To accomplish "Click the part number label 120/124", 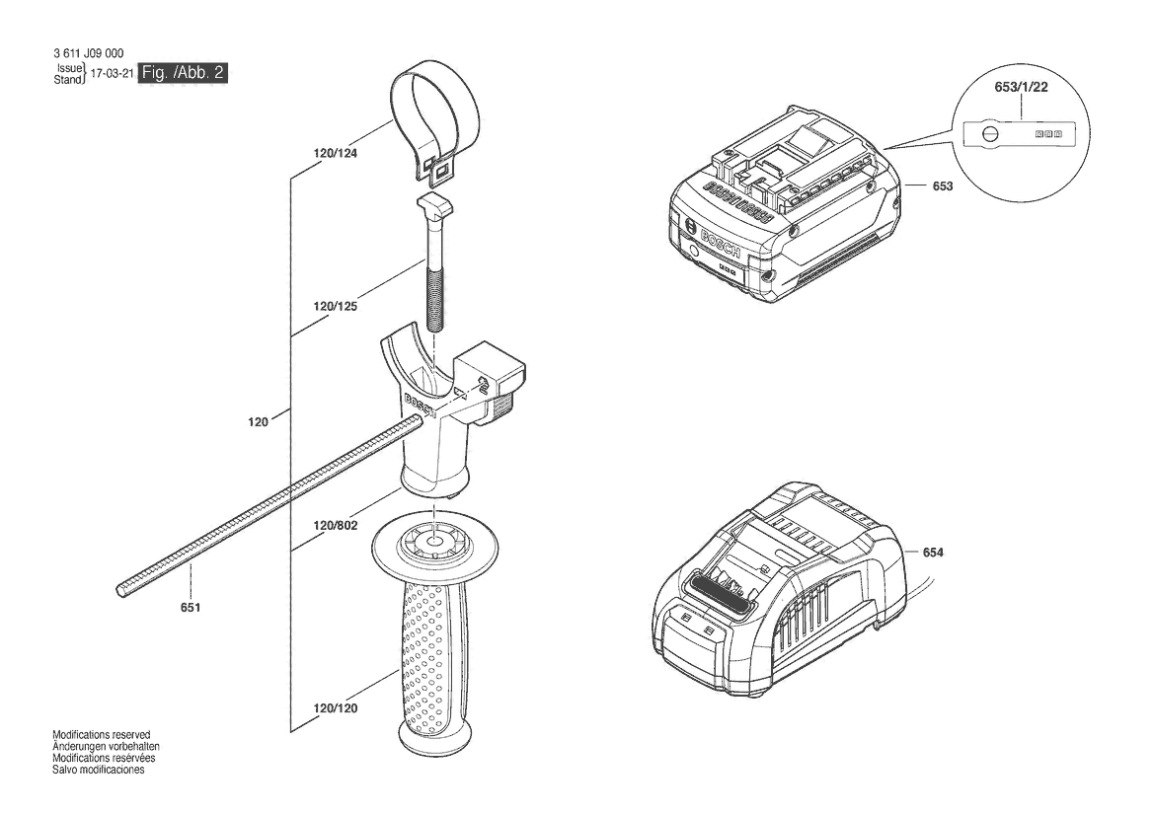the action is tap(335, 154).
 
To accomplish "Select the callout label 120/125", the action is tap(335, 306).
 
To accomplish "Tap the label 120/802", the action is tap(335, 526).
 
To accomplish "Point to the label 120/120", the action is tap(335, 708).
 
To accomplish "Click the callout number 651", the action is tap(190, 608).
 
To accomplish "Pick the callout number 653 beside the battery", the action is tap(943, 186).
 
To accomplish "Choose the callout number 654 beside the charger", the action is tap(933, 553).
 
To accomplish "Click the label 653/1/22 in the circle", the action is tap(1021, 87).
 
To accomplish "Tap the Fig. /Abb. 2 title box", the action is tap(184, 73).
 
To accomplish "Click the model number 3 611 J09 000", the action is tap(88, 53).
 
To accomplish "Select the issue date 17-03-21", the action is tap(112, 74).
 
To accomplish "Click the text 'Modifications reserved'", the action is tap(102, 735).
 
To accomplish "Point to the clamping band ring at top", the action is tap(435, 120).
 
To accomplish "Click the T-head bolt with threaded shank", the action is tap(434, 261).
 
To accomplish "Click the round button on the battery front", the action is tap(694, 251).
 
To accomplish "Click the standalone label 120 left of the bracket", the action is tap(258, 422).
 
